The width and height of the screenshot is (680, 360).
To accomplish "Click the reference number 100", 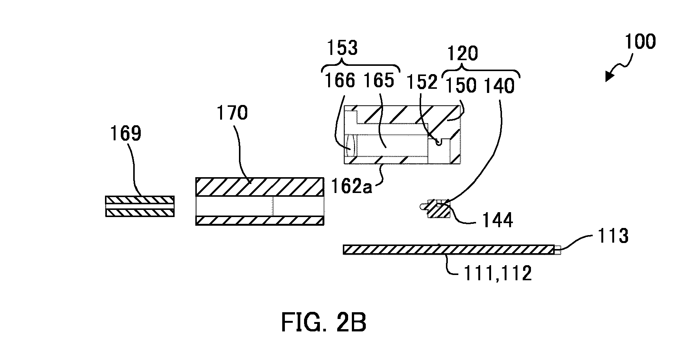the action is pos(640,42).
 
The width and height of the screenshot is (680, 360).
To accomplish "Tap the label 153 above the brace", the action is pos(342,48).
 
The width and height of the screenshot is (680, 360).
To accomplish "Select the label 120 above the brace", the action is pos(462,54).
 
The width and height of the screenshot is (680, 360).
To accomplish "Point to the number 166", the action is pos(340,81).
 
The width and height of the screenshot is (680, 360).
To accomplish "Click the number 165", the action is pos(379,81).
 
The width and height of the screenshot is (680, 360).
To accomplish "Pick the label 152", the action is pos(423,82).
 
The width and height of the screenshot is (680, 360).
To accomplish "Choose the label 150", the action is pos(461,86).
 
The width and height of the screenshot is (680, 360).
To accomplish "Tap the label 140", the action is pos(499,86).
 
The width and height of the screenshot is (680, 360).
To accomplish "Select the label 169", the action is pos(126,133).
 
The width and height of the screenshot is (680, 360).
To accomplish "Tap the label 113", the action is pos(613,236).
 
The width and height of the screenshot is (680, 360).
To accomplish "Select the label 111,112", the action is pos(497,273).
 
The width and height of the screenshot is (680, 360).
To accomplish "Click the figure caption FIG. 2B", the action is pos(324,324).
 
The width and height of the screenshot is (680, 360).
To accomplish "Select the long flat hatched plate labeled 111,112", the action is pos(449,250).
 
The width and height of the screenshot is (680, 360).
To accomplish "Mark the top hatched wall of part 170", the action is pos(260,187).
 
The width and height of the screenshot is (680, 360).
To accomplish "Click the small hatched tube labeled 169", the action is pos(140,207).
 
